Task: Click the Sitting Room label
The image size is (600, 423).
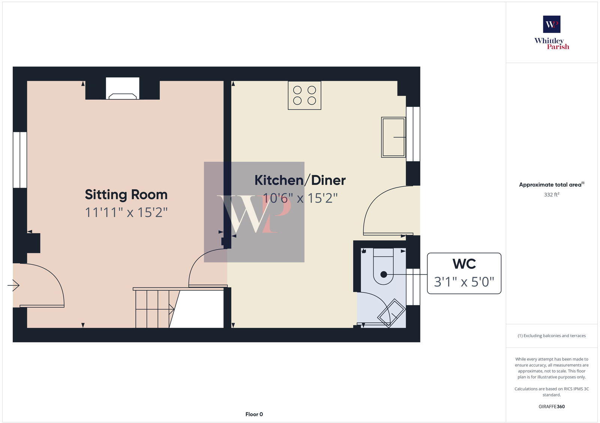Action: (x=126, y=195)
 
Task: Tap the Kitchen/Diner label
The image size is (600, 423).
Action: (x=300, y=180)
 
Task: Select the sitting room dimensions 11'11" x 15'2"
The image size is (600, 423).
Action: (x=126, y=213)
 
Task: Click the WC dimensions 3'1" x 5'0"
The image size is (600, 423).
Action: (x=464, y=282)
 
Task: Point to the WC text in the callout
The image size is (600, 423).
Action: (x=464, y=264)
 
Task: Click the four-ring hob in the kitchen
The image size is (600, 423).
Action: (x=304, y=95)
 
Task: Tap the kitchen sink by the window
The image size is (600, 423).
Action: (x=393, y=137)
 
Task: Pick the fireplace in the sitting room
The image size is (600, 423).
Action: (x=123, y=89)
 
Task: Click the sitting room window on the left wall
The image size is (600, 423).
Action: (x=20, y=160)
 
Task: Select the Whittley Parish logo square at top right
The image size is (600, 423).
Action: (x=552, y=24)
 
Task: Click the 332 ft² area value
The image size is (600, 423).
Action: (x=552, y=195)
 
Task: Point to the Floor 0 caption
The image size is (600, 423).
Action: (x=254, y=414)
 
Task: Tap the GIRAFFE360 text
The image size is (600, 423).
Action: (x=552, y=406)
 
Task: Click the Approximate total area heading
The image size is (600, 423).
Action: (x=550, y=184)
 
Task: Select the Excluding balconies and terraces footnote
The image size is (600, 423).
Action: (x=552, y=336)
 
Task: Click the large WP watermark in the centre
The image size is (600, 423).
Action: (x=254, y=212)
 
